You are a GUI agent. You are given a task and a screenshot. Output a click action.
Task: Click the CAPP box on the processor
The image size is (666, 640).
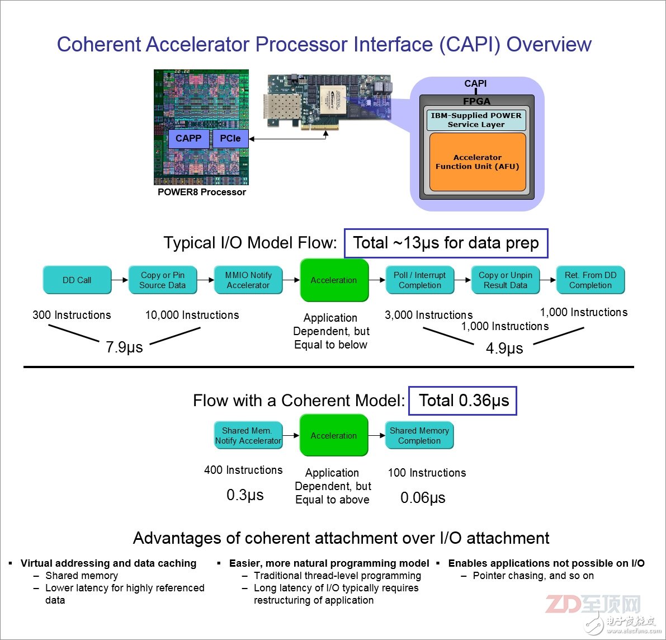[x=188, y=139]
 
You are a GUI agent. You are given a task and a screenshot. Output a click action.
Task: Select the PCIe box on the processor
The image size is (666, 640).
[x=230, y=139]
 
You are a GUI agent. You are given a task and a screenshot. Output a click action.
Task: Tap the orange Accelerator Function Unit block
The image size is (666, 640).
[x=478, y=162]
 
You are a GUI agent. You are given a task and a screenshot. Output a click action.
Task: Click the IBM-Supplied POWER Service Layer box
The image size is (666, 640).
[x=476, y=120]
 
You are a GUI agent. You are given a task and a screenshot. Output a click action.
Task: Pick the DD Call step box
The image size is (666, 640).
[x=77, y=280]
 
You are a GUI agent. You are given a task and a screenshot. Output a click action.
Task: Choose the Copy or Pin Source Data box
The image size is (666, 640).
[x=163, y=280]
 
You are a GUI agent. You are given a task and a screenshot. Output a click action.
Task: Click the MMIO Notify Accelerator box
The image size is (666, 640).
[x=248, y=280]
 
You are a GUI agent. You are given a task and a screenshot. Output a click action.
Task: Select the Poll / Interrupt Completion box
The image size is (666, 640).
[x=420, y=280]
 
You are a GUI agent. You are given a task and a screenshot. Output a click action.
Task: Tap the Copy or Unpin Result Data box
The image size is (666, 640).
[x=506, y=280]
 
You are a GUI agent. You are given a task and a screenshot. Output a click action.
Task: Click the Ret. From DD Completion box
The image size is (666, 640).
[x=591, y=280]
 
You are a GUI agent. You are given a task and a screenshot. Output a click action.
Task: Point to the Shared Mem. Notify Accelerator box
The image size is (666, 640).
[x=248, y=436]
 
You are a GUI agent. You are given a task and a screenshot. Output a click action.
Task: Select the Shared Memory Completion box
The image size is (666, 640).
[x=419, y=436]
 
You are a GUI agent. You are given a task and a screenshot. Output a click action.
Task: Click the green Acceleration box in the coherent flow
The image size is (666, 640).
[x=334, y=436]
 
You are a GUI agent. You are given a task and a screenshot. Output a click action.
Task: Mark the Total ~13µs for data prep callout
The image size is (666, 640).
[x=446, y=243]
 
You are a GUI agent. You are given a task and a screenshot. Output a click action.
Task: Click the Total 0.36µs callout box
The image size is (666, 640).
[x=462, y=401]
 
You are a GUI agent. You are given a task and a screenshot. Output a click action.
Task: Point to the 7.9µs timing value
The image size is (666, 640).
[x=124, y=347]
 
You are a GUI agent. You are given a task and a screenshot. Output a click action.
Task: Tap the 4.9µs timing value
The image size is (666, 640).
[x=504, y=349]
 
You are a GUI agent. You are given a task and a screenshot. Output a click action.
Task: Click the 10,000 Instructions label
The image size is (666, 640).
[x=192, y=316]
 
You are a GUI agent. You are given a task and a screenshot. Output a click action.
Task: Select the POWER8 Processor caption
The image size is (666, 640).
[x=201, y=192]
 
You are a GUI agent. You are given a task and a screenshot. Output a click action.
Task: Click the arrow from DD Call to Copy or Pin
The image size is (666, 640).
[x=120, y=280]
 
